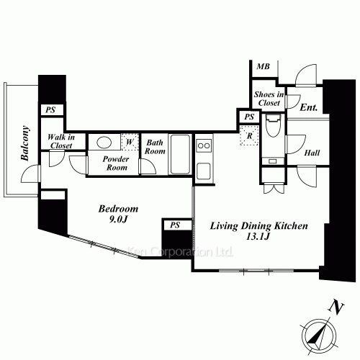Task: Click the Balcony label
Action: (25, 143)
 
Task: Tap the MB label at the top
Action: (263, 66)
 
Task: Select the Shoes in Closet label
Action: (269, 99)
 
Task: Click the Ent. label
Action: (309, 107)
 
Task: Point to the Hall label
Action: (312, 153)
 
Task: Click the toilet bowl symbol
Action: (273, 125)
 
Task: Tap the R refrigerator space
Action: (250, 135)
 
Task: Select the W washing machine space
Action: (130, 142)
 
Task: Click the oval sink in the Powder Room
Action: (104, 143)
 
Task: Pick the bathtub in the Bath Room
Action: (180, 154)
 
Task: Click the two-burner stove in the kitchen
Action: (204, 145)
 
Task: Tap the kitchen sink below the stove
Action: (204, 171)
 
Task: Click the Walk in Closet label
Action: (61, 141)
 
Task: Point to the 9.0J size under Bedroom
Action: (118, 220)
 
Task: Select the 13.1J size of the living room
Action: (258, 237)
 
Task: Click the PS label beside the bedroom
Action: (175, 225)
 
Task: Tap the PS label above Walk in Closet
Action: (50, 110)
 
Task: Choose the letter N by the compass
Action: (336, 307)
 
